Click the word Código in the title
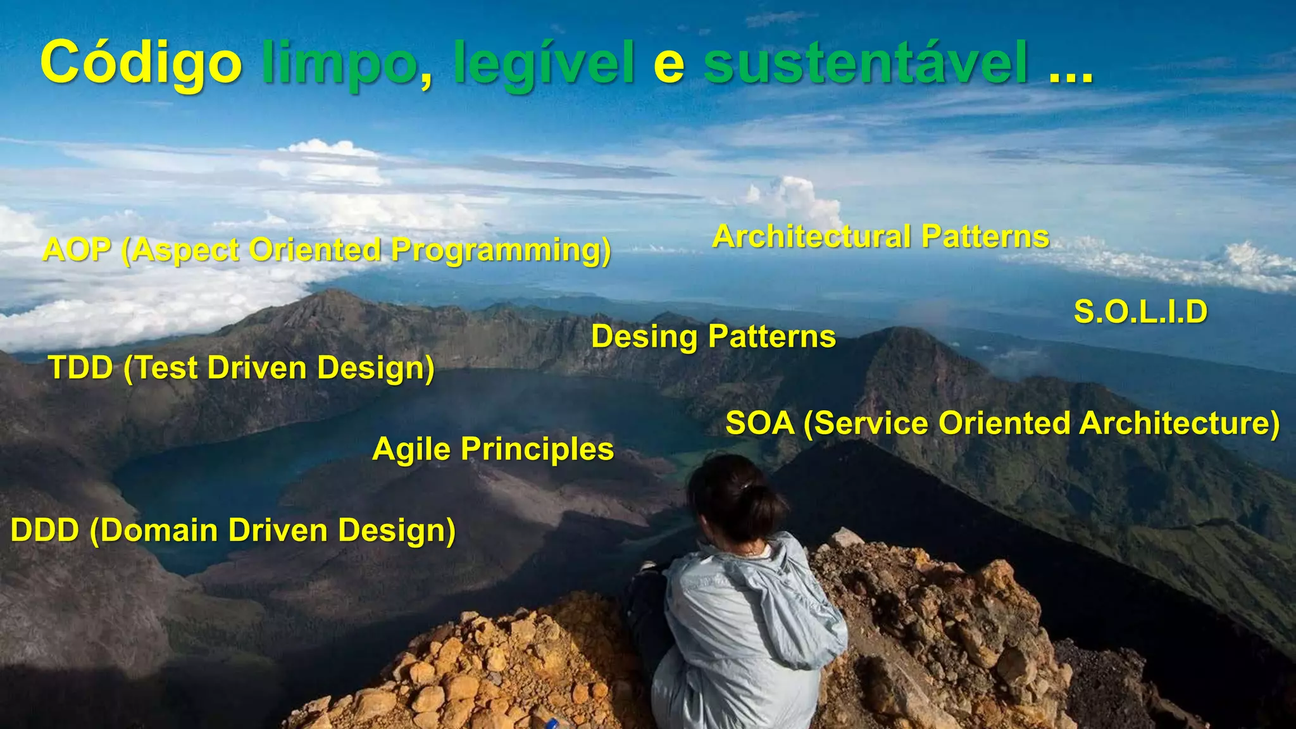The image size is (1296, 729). [x=140, y=63]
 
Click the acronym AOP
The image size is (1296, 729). [x=77, y=250]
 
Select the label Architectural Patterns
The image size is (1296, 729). [x=880, y=237]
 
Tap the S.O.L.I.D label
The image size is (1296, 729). [x=1140, y=312]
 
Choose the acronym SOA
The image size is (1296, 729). [x=759, y=423]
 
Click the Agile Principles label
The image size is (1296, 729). [x=493, y=450]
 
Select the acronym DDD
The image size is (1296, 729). [x=44, y=530]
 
